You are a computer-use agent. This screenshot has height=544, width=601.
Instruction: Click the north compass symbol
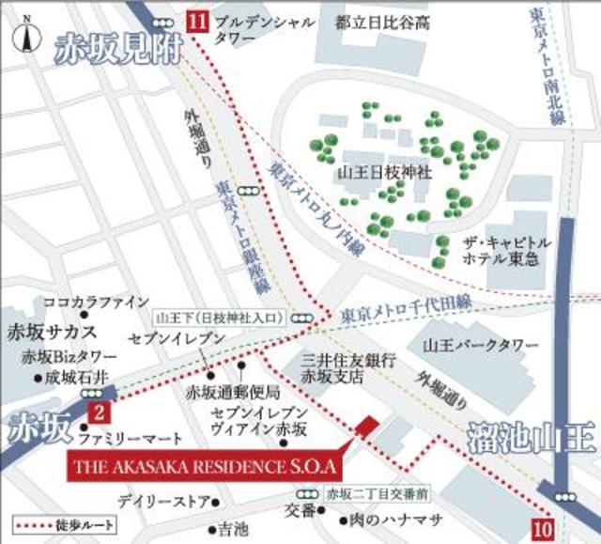pyautogui.click(x=27, y=35)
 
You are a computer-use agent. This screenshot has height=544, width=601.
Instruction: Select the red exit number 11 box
pyautogui.click(x=197, y=20)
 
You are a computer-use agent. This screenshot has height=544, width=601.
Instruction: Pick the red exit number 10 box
pyautogui.click(x=540, y=526)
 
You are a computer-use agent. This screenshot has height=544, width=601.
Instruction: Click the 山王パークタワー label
pyautogui.click(x=477, y=345)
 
